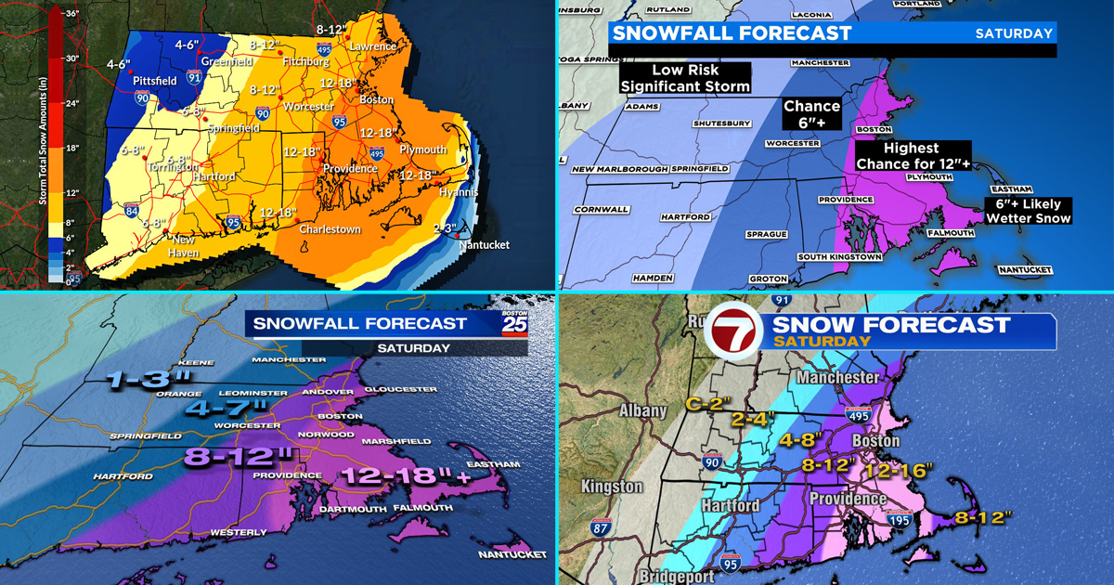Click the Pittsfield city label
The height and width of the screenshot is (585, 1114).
coord(154,81)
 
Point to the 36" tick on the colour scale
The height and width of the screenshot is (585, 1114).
coord(71,13)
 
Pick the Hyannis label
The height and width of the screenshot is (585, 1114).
coord(460,192)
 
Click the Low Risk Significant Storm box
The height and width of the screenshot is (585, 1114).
coord(685,78)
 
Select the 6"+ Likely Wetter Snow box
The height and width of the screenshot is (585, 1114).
coord(1029,211)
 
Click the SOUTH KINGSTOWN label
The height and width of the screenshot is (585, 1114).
coord(840,256)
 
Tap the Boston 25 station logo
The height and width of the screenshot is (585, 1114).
coord(513,323)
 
